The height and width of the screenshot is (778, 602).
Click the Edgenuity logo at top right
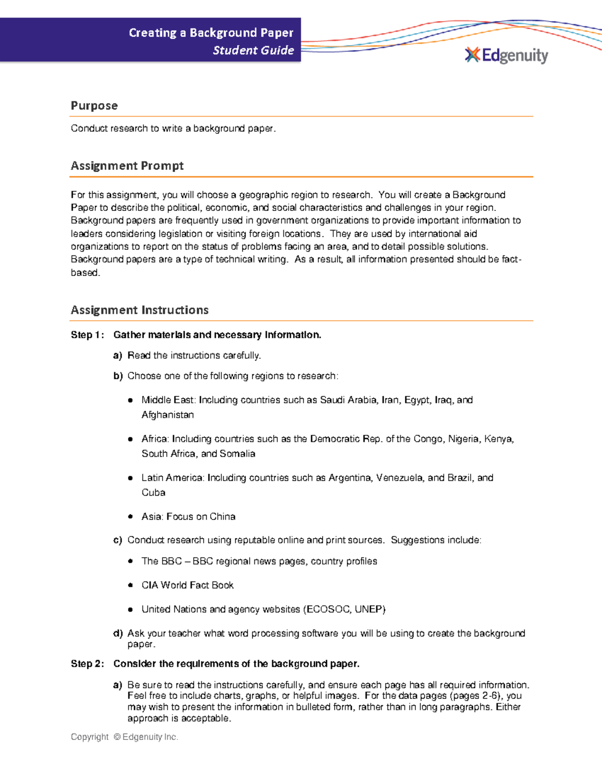(507, 55)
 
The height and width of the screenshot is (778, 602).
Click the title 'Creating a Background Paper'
(211, 33)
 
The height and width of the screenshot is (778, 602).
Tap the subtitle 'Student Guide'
(253, 50)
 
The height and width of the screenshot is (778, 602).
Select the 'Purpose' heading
(94, 106)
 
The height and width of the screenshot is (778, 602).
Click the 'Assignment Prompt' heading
(127, 166)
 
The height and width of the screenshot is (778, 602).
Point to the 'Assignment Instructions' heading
(139, 310)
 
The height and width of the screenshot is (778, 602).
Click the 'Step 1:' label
(87, 335)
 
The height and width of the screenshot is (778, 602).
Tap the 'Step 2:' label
(87, 664)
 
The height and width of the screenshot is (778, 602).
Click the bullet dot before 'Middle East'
(130, 400)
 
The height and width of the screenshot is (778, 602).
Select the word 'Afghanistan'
(168, 415)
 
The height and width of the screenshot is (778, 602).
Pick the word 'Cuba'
(153, 492)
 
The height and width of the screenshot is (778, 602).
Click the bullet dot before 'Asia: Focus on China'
(130, 516)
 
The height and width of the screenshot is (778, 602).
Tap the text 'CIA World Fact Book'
(188, 585)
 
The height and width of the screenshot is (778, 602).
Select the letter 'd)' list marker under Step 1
(118, 633)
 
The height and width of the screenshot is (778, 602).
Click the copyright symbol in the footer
(117, 737)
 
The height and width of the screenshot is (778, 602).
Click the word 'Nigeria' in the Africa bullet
(463, 439)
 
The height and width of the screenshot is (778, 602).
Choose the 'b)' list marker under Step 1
(118, 376)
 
